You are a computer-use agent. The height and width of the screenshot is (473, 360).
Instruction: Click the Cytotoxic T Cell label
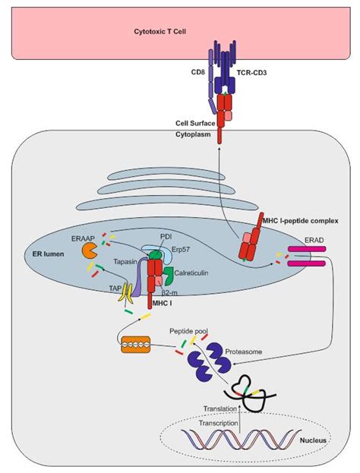(x=160, y=31)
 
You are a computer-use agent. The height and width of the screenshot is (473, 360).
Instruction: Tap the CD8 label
(x=198, y=72)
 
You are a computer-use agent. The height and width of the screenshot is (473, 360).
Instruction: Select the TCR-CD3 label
(x=251, y=72)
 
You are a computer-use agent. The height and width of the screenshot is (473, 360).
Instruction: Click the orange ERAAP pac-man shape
(x=89, y=251)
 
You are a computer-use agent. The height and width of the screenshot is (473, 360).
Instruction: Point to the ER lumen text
(x=48, y=254)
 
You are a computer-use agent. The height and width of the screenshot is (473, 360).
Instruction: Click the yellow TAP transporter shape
(x=125, y=292)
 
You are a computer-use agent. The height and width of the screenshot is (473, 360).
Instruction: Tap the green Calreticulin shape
(x=168, y=276)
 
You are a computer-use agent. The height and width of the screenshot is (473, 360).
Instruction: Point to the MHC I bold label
(x=162, y=303)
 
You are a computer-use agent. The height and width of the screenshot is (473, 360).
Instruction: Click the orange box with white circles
(x=135, y=345)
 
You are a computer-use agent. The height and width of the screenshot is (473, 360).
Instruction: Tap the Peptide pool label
(x=188, y=331)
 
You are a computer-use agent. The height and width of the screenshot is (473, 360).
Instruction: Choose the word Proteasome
(x=244, y=352)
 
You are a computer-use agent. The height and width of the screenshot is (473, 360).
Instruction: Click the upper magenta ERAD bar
(x=307, y=249)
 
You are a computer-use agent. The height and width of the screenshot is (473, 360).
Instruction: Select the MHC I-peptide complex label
(x=300, y=221)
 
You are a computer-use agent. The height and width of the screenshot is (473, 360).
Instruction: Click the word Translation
(x=220, y=408)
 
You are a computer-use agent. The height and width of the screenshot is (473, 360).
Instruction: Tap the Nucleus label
(x=313, y=440)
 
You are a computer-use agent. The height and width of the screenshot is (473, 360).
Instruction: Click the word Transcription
(x=219, y=423)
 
